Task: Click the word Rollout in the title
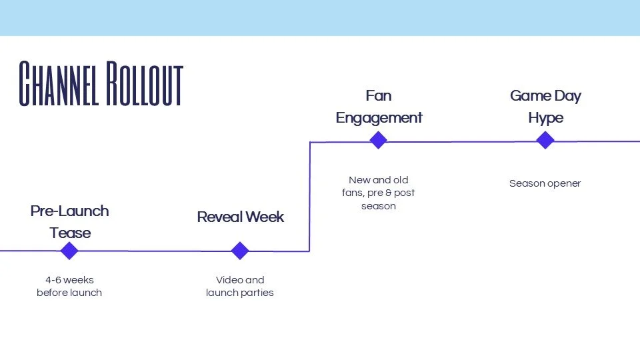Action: pos(144,85)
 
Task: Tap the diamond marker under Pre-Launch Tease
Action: pos(69,251)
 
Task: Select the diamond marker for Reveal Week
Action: pos(240,251)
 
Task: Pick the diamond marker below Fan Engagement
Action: pos(378,140)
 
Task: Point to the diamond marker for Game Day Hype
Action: pos(545,140)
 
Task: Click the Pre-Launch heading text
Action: pos(69,211)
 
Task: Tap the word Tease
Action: pos(70,233)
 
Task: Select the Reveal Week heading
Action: pos(240,217)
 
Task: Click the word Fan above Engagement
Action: pos(378,96)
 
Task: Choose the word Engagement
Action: pos(379,118)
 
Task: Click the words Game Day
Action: pos(545,96)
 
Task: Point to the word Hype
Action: pos(545,118)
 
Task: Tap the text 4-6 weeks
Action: pos(69,280)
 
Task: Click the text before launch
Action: pos(69,293)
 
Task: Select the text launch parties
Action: pos(240,293)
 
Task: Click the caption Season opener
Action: pos(545,183)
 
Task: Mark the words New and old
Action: pos(379,180)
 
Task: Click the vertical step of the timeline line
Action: pos(310,197)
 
